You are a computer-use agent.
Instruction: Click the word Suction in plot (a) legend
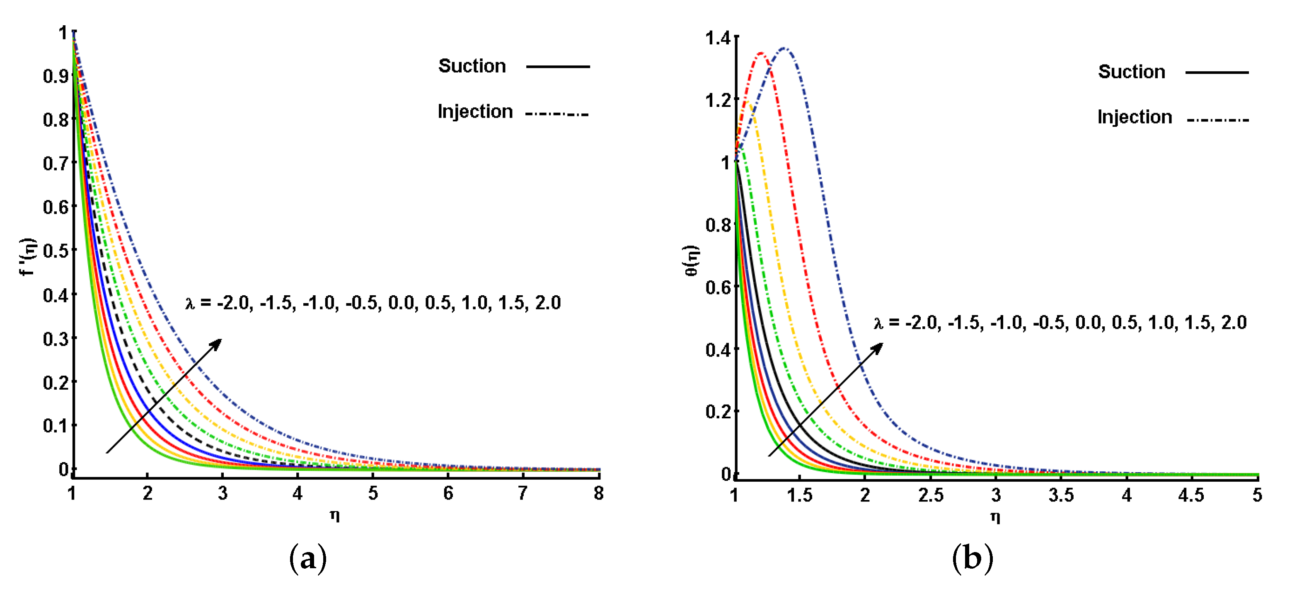(472, 66)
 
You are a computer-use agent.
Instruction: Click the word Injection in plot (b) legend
(1135, 117)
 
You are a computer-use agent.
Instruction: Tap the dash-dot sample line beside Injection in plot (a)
(557, 114)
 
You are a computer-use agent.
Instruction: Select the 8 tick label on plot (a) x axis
(598, 494)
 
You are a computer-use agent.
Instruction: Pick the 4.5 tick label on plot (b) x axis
(1190, 495)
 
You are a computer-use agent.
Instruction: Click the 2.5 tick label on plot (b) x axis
(930, 495)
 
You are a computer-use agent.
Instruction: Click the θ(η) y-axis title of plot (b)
(692, 261)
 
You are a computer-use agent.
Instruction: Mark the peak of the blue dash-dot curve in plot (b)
(784, 48)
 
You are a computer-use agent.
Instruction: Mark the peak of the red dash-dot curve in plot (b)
(761, 53)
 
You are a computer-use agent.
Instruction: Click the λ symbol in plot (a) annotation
(190, 303)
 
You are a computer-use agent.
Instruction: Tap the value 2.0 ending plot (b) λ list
(1234, 322)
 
